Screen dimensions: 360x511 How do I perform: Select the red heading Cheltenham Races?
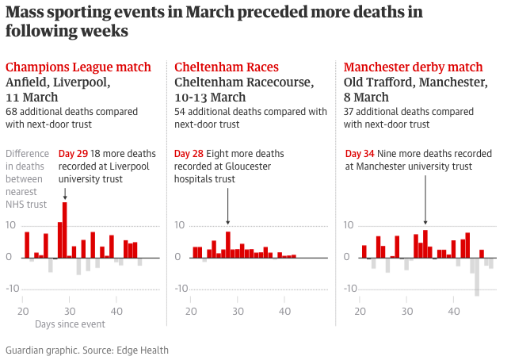point(227,67)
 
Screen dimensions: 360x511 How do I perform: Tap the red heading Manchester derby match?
point(414,67)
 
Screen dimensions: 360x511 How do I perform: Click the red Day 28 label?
point(189,154)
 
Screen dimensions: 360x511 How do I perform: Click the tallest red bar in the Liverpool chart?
point(65,230)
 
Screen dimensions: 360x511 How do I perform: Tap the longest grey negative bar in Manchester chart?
point(477,277)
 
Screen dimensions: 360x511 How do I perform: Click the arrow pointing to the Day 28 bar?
point(228,206)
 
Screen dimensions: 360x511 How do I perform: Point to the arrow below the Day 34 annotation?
point(425,201)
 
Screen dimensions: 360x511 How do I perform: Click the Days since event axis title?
point(70,324)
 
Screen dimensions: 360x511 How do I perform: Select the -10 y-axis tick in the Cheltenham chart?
point(179,289)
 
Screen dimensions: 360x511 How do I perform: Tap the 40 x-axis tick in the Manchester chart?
point(454,311)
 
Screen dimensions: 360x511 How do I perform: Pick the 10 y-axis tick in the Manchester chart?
point(349,226)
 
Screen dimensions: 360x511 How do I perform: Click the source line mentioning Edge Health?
point(87,350)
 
